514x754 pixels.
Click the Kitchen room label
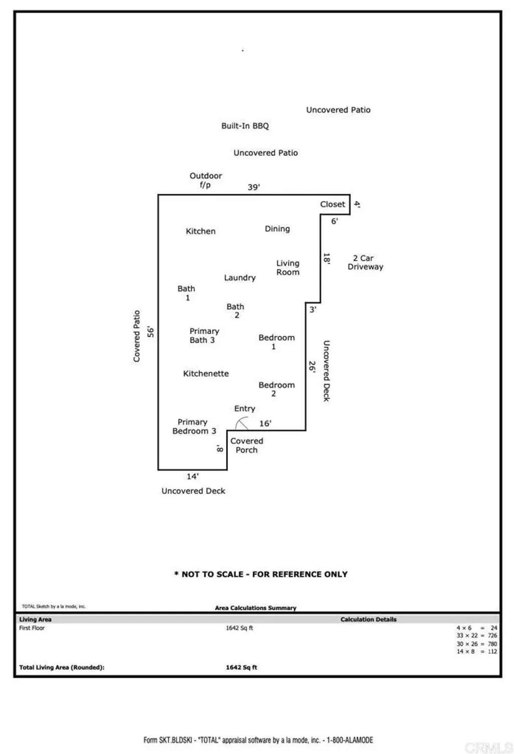coord(200,231)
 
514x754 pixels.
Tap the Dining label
coord(277,229)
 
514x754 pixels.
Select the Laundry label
coord(239,278)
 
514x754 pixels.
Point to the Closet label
coord(332,204)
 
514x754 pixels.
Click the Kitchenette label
coord(206,373)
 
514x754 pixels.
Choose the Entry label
coord(244,409)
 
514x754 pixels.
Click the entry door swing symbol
coord(241,424)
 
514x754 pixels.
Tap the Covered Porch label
coord(246,445)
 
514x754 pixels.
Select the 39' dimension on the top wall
coord(253,187)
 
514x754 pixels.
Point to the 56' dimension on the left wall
coord(150,332)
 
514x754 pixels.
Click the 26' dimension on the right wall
coord(312,366)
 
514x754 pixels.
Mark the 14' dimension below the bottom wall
coord(192,476)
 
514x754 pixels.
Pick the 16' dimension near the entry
coord(265,424)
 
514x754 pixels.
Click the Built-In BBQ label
coord(245,126)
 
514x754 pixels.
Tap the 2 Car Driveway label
coord(365,263)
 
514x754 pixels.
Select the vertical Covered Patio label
coord(137,336)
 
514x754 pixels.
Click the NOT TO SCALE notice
coord(261,574)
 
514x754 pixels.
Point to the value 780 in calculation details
coord(492,644)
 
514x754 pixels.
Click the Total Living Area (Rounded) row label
coord(62,668)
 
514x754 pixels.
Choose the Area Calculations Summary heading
coord(255,608)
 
